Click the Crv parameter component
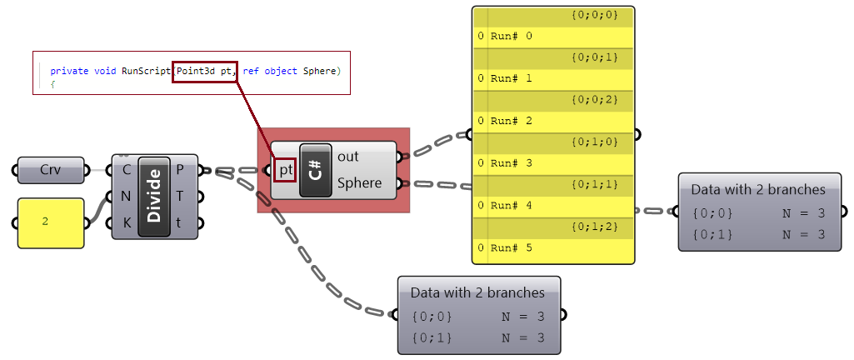tap(51, 170)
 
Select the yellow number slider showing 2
tap(51, 222)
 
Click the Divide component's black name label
tap(154, 197)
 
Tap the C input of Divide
tap(126, 170)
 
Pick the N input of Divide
tap(126, 197)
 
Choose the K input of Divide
tap(126, 223)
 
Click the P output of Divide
tap(181, 170)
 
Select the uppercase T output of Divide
tap(181, 197)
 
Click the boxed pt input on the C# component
tap(286, 171)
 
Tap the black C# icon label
tap(315, 170)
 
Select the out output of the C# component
tap(347, 157)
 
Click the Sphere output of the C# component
tap(359, 183)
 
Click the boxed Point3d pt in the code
tap(205, 72)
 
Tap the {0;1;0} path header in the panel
tap(594, 142)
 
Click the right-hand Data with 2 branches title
tap(758, 189)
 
